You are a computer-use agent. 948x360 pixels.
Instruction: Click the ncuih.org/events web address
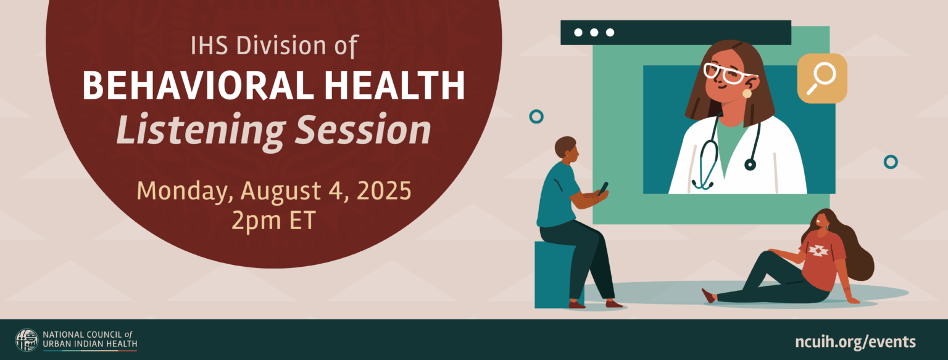tap(855, 341)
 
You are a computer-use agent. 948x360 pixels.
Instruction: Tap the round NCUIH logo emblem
tap(27, 340)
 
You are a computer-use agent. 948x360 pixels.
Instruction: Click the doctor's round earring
tap(747, 93)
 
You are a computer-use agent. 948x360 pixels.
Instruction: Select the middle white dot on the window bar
tap(594, 33)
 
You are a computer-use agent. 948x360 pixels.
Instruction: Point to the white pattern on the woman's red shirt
tap(818, 250)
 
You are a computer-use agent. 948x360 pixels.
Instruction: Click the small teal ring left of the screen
tap(536, 116)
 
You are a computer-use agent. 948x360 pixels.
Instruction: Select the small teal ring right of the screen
tap(890, 162)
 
